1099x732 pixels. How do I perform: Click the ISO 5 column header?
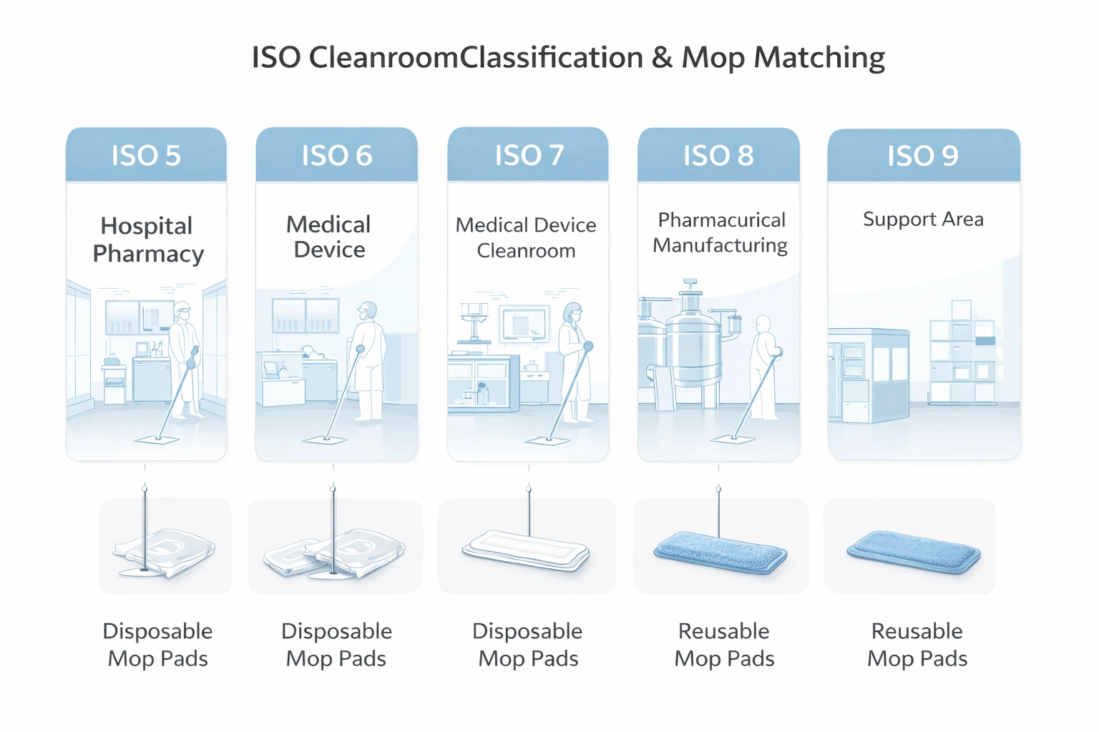[146, 155]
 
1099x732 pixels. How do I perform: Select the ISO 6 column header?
[336, 155]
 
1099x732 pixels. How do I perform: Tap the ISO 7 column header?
[529, 155]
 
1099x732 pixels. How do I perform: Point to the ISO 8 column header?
[718, 155]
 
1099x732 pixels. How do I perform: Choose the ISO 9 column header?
[923, 155]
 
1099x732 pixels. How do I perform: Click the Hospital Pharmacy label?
[147, 239]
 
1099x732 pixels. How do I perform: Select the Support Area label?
[923, 219]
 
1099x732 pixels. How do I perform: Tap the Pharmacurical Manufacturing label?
[721, 232]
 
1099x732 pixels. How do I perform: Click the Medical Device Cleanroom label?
[526, 237]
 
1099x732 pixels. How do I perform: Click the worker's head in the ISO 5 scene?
[183, 313]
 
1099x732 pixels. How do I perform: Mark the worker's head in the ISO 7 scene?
[572, 312]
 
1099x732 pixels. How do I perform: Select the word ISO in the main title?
[276, 57]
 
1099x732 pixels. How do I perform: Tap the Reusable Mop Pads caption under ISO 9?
[917, 644]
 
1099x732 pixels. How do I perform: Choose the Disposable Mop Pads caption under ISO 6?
[336, 644]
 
